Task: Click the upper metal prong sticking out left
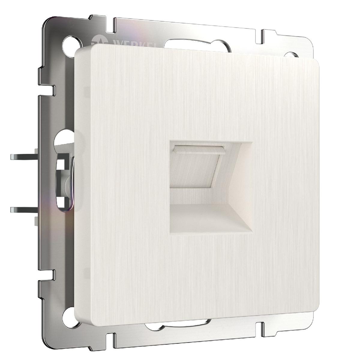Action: (x=22, y=157)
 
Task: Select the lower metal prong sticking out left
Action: (x=22, y=209)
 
